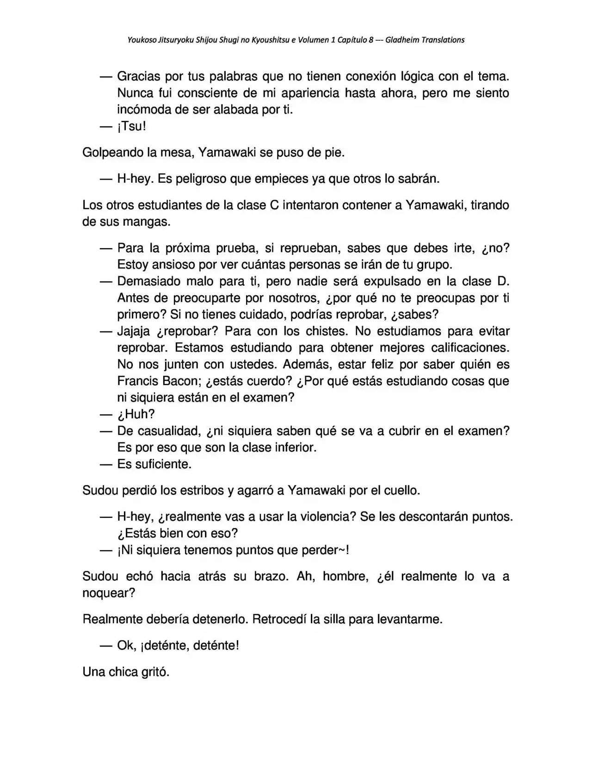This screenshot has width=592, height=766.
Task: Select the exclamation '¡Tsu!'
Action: pyautogui.click(x=131, y=126)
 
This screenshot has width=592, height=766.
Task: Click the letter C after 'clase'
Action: pyautogui.click(x=274, y=205)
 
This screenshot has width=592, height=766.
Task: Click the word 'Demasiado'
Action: pyautogui.click(x=149, y=281)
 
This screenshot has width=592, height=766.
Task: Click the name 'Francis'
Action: pyautogui.click(x=137, y=381)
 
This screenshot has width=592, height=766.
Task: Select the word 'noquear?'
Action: pyautogui.click(x=109, y=593)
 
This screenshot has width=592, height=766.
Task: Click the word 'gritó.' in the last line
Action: pyautogui.click(x=155, y=672)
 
